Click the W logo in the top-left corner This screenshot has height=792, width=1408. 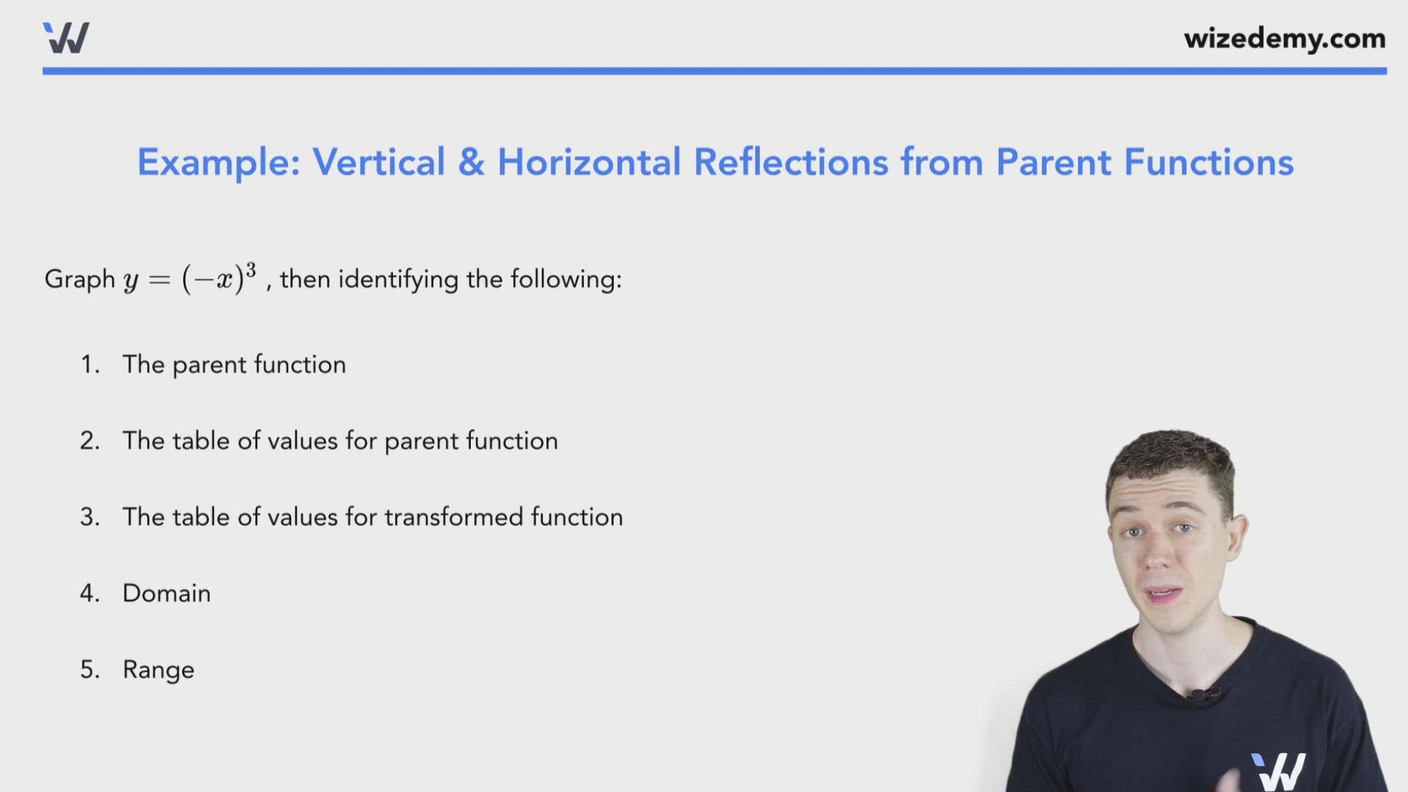[x=66, y=37]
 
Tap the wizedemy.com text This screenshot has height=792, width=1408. [x=1285, y=38]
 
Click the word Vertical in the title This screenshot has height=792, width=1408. [x=379, y=162]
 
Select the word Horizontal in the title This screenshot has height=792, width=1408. [x=590, y=162]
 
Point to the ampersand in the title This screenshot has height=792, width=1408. [x=472, y=163]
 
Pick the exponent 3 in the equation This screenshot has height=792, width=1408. [x=251, y=271]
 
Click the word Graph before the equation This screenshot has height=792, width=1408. [x=80, y=279]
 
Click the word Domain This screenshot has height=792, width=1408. [x=166, y=593]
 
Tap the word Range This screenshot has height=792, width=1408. [x=158, y=670]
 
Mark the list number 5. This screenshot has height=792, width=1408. [x=89, y=670]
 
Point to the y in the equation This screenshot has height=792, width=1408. [x=131, y=282]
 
